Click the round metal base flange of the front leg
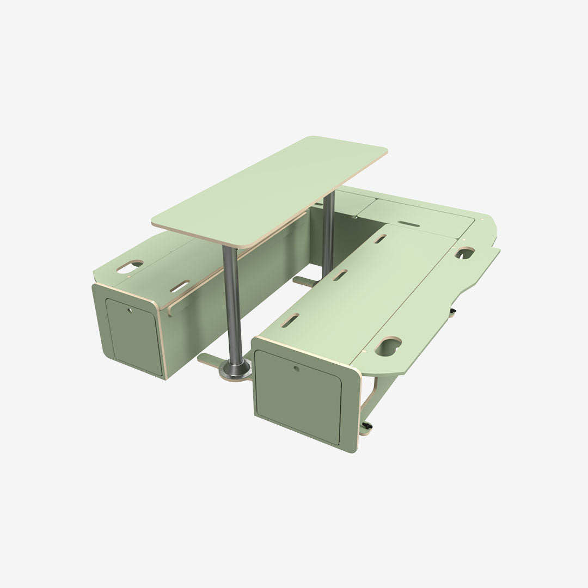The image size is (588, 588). click(236, 372)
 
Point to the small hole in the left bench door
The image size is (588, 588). click(130, 311)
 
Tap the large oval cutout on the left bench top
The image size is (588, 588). click(130, 266)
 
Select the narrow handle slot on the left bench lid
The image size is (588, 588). click(180, 286)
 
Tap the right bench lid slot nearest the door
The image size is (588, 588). click(290, 321)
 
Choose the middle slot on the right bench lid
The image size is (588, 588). click(340, 275)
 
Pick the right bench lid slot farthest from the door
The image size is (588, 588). click(381, 238)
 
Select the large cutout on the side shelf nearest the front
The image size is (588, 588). click(388, 347)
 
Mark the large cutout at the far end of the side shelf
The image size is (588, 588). click(465, 253)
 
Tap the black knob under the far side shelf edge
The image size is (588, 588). click(452, 312)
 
